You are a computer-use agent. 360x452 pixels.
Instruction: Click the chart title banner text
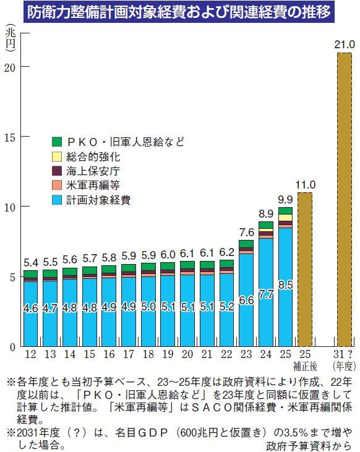click(x=179, y=12)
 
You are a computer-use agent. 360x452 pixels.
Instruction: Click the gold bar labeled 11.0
click(x=305, y=269)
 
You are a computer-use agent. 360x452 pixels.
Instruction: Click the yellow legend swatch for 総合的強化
click(x=58, y=157)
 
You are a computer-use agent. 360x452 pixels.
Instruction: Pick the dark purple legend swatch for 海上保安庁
click(x=58, y=171)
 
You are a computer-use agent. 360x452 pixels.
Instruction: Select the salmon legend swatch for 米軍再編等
click(x=58, y=185)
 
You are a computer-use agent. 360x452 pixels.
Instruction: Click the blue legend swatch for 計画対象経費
click(x=58, y=200)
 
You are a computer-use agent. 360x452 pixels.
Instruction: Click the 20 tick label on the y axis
click(x=9, y=67)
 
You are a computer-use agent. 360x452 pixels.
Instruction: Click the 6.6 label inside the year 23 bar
click(x=246, y=300)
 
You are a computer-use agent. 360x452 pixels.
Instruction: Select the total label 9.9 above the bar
click(x=285, y=199)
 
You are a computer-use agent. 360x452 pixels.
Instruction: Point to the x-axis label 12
click(x=30, y=354)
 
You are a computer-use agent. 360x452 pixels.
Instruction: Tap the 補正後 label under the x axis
click(x=305, y=366)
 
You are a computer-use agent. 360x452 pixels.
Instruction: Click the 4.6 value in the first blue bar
click(x=30, y=307)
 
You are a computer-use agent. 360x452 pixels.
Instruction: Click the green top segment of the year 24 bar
click(x=265, y=225)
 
